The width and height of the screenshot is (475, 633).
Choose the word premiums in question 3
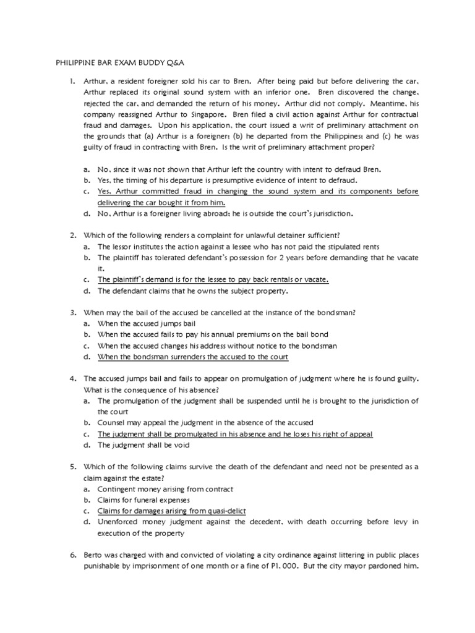coord(233,334)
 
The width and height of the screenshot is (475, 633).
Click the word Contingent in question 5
coord(118,489)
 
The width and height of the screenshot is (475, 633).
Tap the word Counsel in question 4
coord(112,423)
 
